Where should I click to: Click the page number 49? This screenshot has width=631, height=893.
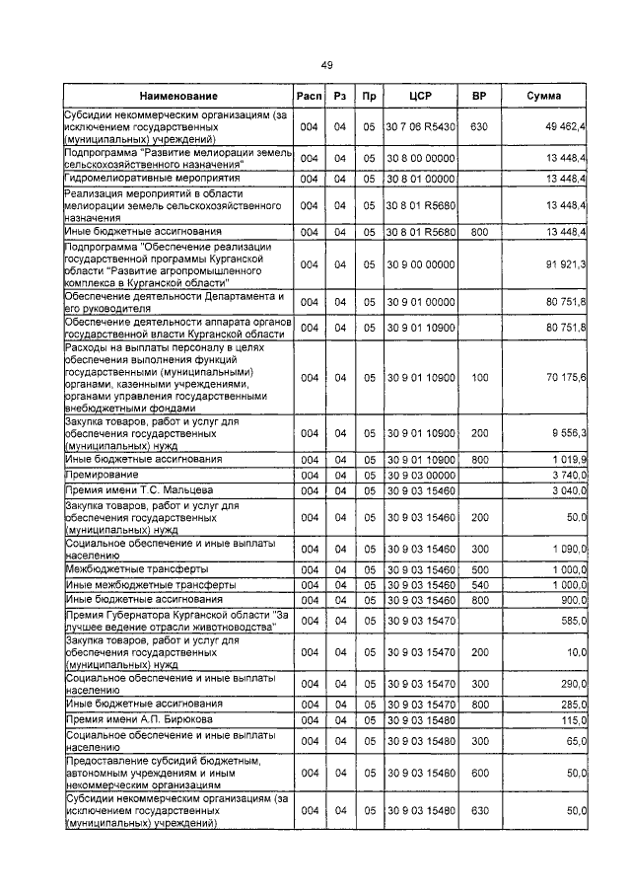coord(325,65)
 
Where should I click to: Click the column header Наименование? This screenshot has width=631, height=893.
coord(177,97)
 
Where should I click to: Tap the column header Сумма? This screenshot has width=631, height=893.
coord(544,97)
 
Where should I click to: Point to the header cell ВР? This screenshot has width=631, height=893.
coord(479,97)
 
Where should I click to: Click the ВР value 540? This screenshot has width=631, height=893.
coord(479,585)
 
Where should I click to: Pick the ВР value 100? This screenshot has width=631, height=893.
coord(479,377)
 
